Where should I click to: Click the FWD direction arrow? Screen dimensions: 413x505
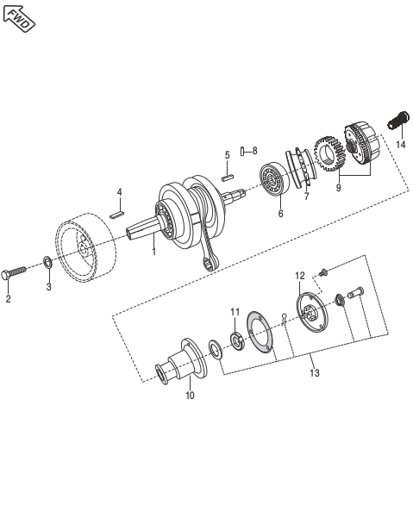(19, 19)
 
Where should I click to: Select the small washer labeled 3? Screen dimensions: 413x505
(47, 263)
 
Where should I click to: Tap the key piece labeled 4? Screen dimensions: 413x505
(116, 215)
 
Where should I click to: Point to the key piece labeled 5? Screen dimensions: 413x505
(228, 178)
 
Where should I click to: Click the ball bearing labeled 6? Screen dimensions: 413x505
(274, 179)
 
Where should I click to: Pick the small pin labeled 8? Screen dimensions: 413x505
(242, 151)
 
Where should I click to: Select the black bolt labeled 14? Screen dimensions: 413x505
(398, 121)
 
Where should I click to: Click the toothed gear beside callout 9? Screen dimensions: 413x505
(329, 154)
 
